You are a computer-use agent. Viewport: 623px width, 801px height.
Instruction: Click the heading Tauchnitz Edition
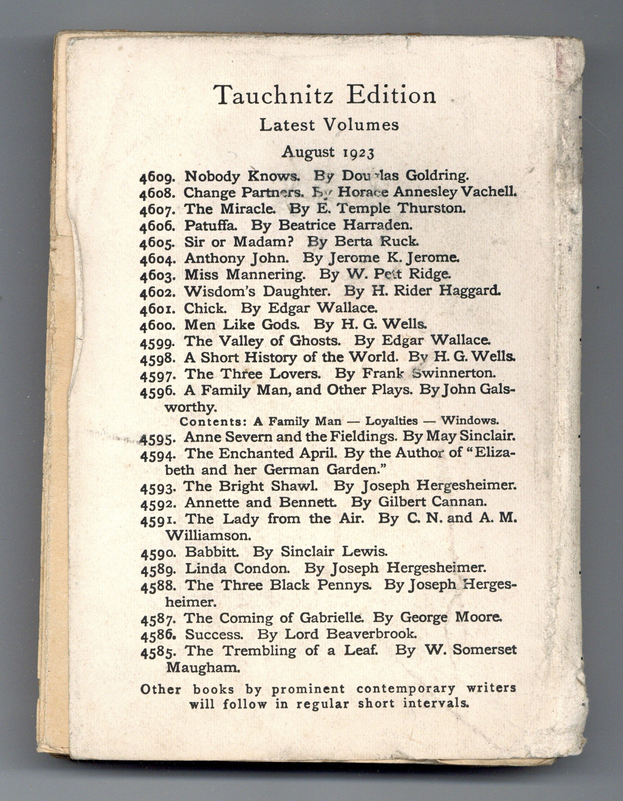coord(324,96)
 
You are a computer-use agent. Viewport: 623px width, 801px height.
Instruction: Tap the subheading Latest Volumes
coord(329,125)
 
